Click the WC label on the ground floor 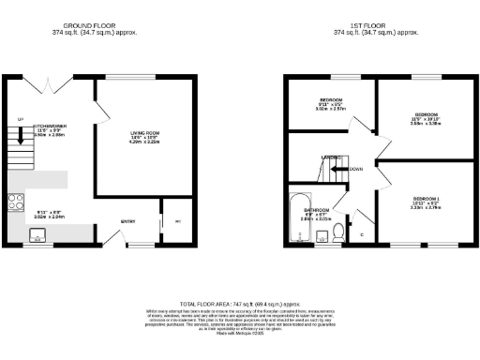tap(177, 222)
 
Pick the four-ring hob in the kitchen tap(16, 201)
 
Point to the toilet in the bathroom tap(337, 236)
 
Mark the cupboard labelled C tap(362, 231)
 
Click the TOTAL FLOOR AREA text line tap(241, 305)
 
